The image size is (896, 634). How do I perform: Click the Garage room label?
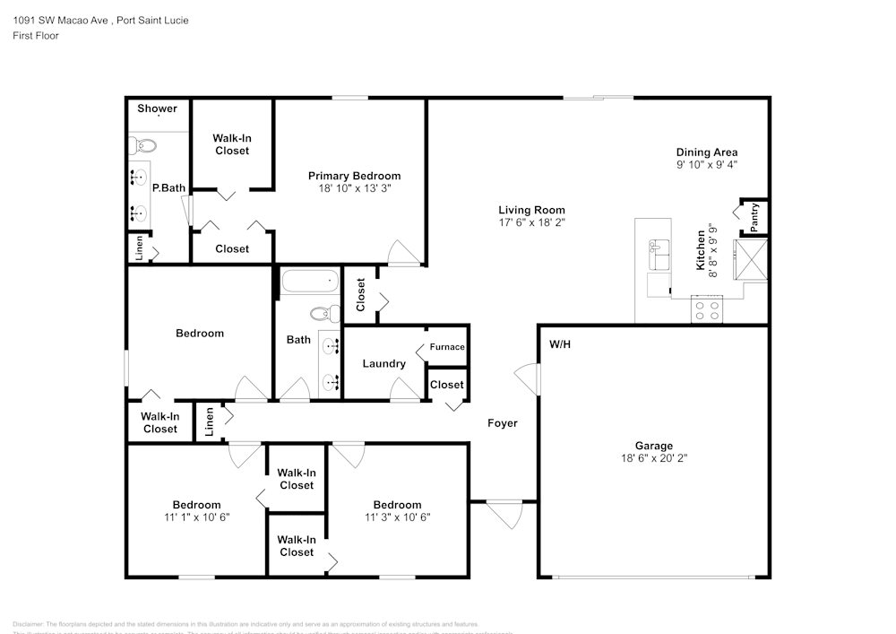653,445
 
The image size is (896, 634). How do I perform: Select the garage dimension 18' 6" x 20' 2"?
653,457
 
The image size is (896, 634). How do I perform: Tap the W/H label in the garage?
560,343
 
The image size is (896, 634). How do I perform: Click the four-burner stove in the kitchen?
706,309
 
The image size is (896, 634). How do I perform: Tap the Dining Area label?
706,152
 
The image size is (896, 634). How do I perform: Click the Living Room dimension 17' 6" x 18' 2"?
531,221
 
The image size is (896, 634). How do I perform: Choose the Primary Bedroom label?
354,176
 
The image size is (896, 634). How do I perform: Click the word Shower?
157,109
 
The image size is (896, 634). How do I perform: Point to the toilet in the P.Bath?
142,145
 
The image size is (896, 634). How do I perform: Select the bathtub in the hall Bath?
310,283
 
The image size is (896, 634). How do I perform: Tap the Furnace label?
447,347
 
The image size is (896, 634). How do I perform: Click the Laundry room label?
383,364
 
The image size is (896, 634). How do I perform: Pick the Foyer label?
502,423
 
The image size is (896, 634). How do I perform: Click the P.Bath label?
168,188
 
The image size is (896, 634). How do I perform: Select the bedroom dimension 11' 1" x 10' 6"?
196,517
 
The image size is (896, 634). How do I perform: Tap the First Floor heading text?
36,36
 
